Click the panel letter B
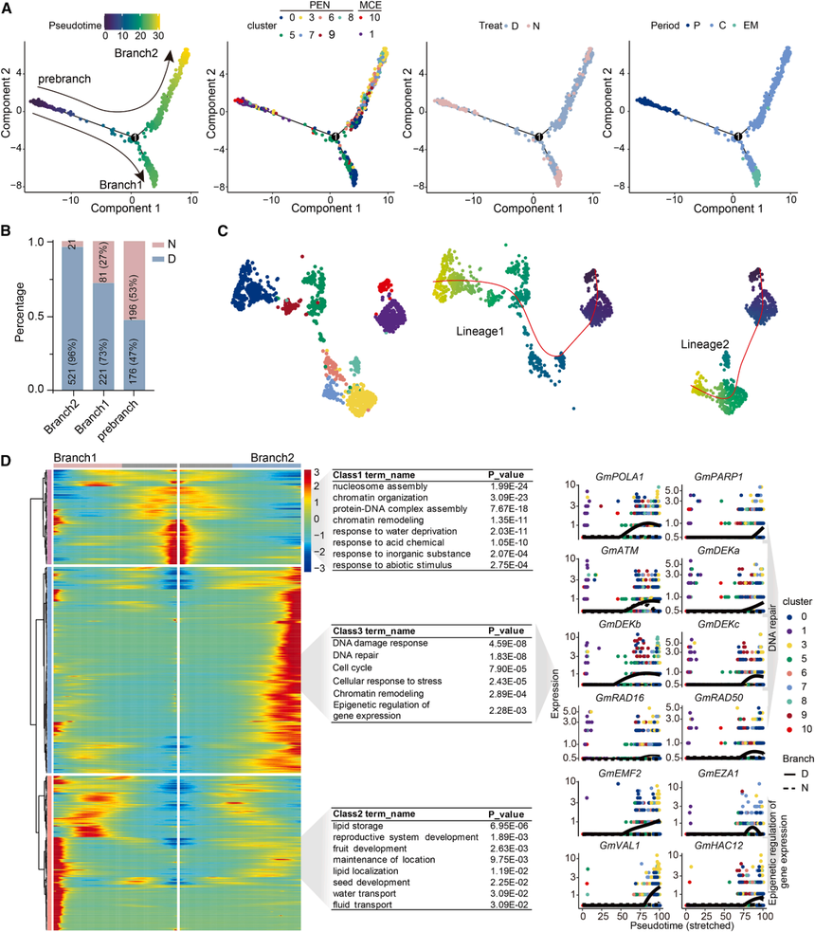coord(8,230)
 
